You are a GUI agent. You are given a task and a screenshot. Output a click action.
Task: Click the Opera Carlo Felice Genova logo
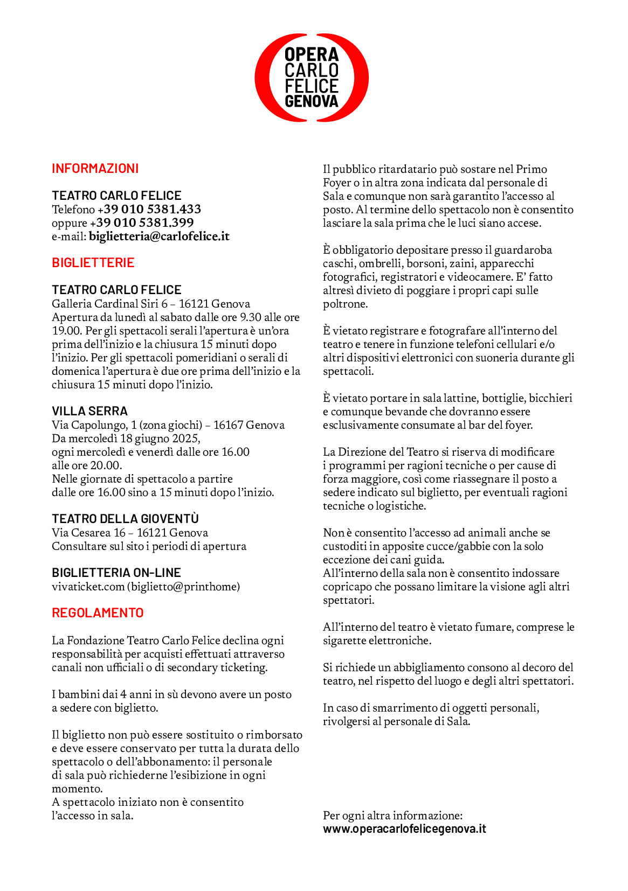(312, 78)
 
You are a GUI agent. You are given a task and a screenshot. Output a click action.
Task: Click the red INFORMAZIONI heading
(95, 169)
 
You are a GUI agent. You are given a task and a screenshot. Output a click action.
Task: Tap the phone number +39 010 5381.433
(149, 209)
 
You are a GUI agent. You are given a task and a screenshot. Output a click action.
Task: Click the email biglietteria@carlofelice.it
(159, 236)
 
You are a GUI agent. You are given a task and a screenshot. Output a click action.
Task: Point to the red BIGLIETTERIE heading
(93, 263)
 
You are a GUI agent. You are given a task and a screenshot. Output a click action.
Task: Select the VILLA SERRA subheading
(89, 411)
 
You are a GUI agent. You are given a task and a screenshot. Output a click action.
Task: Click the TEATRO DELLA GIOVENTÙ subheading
(125, 519)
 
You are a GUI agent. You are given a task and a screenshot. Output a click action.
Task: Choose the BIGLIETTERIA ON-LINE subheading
(116, 573)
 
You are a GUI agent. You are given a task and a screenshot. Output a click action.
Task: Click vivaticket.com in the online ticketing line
(88, 587)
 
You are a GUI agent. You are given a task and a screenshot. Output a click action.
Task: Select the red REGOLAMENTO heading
(98, 613)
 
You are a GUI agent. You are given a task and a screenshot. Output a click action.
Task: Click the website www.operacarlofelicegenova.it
(404, 829)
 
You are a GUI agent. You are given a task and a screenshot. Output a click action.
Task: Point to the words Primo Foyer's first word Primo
(532, 169)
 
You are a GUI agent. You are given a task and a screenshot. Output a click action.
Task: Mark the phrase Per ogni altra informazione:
(392, 816)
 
